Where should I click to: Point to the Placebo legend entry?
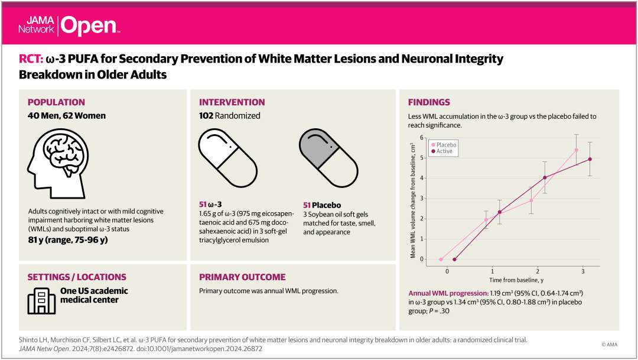pos(445,145)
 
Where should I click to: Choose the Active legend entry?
pos(444,151)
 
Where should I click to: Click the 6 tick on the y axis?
pos(421,137)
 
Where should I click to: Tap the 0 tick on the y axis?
pos(421,259)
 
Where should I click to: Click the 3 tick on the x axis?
pos(583,271)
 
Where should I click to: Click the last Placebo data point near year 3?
pos(576,150)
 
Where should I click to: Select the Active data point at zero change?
pos(454,259)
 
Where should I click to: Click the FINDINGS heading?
pos(428,102)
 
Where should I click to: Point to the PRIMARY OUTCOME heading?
pos(242,277)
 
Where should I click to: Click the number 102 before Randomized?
pos(208,116)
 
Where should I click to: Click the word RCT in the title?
pos(30,59)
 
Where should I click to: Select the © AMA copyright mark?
pos(609,344)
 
